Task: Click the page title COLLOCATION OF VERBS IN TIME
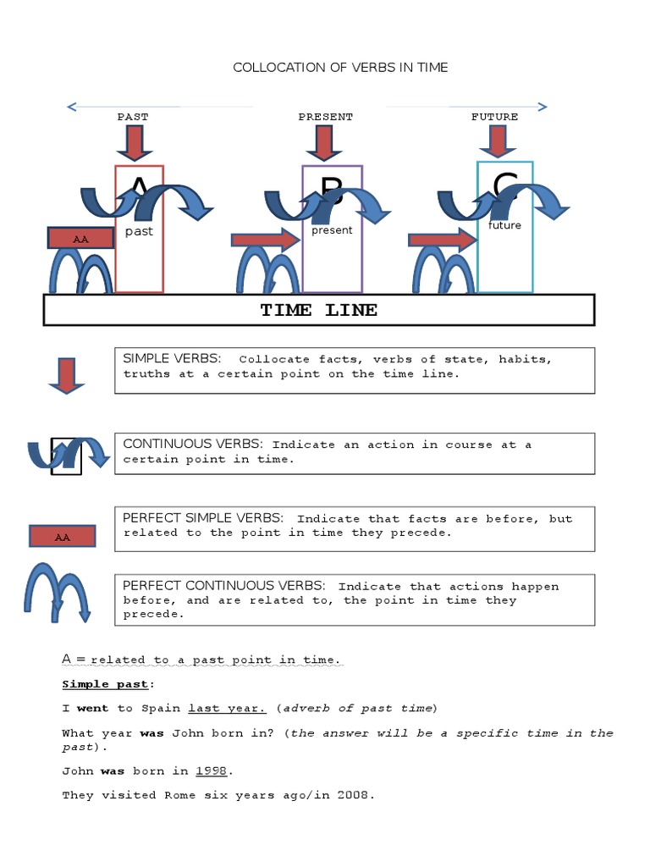tap(340, 68)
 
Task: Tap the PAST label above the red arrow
tap(133, 117)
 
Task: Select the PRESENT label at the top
tap(325, 117)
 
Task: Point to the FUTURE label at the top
tap(494, 117)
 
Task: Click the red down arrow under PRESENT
tap(323, 142)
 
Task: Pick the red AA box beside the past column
tap(80, 239)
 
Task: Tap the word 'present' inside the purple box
tap(332, 230)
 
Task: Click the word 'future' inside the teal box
tap(504, 226)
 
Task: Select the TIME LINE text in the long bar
tap(319, 310)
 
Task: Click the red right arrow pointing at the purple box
tap(266, 240)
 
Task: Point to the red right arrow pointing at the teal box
tap(443, 240)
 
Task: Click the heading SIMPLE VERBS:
tap(173, 359)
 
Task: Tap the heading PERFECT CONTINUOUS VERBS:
tap(223, 586)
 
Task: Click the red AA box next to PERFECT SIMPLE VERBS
tap(62, 536)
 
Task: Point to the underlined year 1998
tap(213, 771)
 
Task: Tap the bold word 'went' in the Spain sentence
tap(93, 708)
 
